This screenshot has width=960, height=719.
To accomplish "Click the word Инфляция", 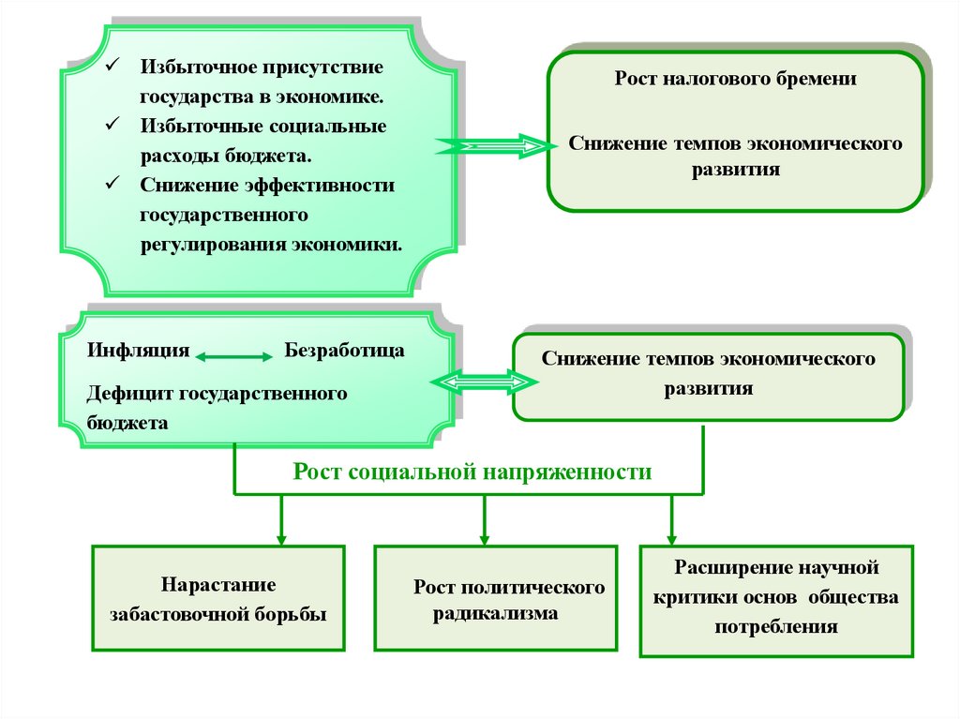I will pos(139,351).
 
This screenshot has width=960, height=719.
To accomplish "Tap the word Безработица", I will pos(344,351).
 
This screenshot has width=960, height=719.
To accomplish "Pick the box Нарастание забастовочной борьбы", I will pos(218,599).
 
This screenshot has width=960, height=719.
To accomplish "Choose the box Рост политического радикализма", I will pos(496,599).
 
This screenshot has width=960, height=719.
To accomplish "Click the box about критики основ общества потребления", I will pos(776,600).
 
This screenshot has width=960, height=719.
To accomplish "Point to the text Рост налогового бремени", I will pos(735,80).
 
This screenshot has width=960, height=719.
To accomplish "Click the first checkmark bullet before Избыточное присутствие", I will pos(111,67).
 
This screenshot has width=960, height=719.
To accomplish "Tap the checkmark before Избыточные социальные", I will pos(111,124).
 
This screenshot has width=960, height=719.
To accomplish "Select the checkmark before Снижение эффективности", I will pos(111,183).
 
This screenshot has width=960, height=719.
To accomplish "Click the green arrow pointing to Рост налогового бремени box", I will pos(493,145).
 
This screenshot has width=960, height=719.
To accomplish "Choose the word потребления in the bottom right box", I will pos(775,627).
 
